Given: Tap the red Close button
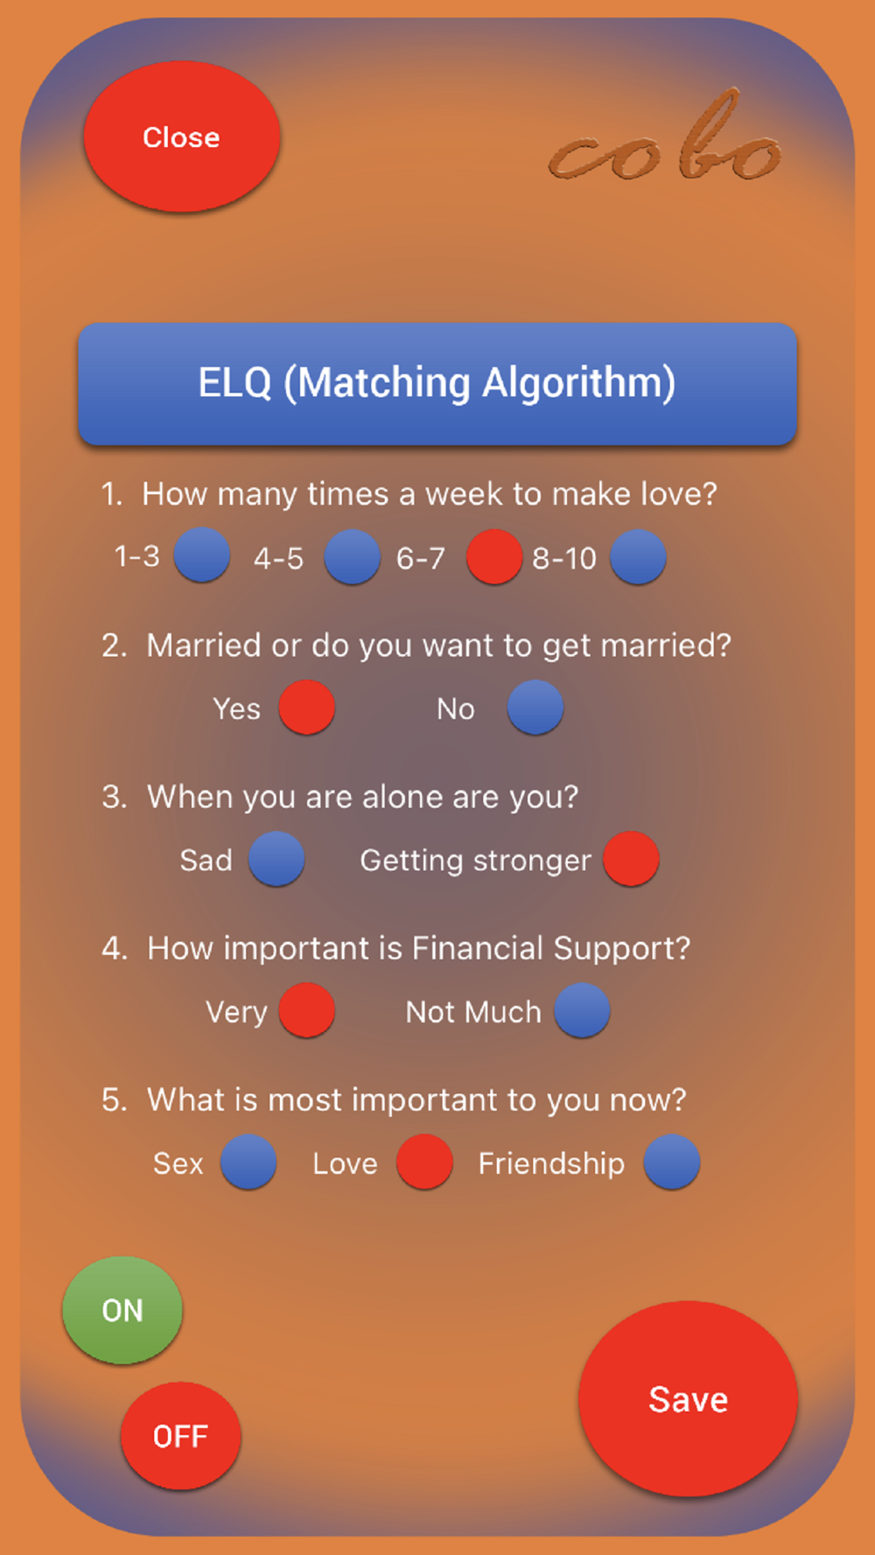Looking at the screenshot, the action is tap(182, 136).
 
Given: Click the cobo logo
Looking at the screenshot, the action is tap(665, 138).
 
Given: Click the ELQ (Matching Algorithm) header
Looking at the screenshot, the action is tap(437, 384).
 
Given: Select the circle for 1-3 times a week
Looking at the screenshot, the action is tap(202, 555).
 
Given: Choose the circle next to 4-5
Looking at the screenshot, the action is tap(353, 557).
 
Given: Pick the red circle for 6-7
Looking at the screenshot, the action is tap(494, 557).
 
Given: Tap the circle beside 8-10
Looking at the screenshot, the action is tap(638, 557).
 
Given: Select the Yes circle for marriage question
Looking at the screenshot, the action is tap(307, 708).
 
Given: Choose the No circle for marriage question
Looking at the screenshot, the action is tap(535, 708).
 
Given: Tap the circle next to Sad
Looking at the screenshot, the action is tap(276, 859).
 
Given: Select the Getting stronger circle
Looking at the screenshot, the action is tap(631, 859).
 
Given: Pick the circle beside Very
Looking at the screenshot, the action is tap(307, 1010).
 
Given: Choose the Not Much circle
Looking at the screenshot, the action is tap(583, 1010).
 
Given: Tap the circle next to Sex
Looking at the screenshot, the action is tap(248, 1162).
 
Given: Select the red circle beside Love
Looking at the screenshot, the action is tap(424, 1162).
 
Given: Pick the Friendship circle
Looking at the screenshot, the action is tap(672, 1162).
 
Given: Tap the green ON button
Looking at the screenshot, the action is tap(122, 1310).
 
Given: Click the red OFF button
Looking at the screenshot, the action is tap(181, 1436).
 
